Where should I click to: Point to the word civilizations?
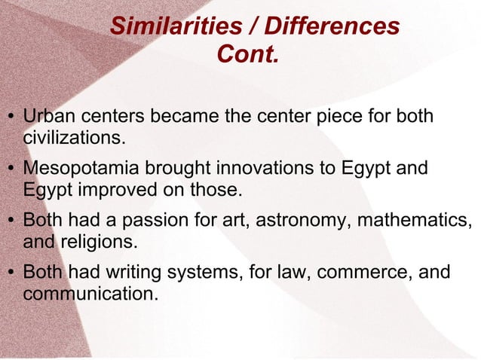tap(72, 139)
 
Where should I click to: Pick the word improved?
tap(113, 190)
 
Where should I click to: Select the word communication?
tap(90, 293)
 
